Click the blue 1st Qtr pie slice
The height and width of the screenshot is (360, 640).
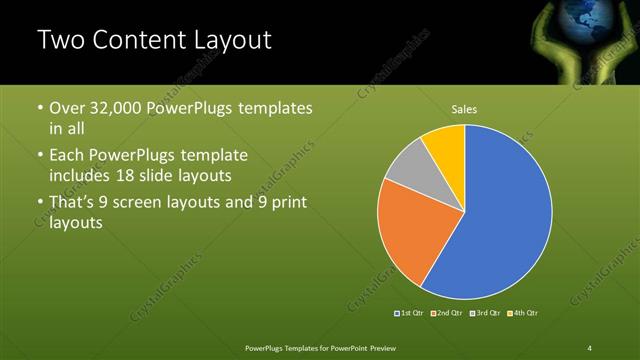(505, 215)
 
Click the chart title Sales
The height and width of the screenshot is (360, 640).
(464, 108)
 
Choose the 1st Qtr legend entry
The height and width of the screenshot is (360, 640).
(410, 313)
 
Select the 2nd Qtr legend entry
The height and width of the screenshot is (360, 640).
(446, 313)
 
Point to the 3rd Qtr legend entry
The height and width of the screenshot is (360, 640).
(483, 313)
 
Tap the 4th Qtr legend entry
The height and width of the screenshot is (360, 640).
(522, 313)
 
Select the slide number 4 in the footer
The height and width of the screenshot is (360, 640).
(590, 347)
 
